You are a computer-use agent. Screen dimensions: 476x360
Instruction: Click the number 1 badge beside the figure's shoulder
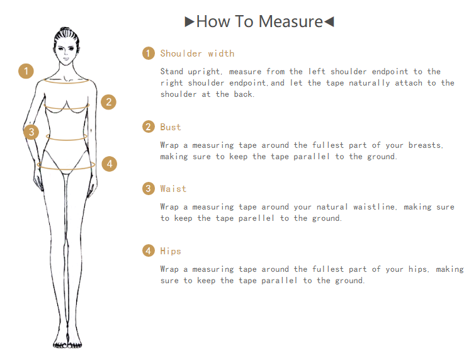26,71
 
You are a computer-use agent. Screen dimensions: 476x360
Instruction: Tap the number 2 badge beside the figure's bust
108,102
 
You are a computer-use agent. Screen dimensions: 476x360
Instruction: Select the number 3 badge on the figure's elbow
31,132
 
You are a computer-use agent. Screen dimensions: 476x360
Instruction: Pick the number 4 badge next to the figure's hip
110,164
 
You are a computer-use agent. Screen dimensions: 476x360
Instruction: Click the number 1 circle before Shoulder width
149,53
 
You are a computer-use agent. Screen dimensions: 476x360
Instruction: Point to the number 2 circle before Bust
149,127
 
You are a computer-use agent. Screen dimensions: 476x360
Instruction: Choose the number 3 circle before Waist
149,189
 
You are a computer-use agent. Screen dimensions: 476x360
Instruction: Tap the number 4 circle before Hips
149,250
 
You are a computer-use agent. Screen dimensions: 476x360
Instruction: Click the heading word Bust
171,127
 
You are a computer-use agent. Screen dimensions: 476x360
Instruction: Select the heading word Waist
173,189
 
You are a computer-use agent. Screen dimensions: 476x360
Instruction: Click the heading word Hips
171,251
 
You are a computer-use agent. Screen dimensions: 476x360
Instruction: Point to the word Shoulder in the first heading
181,53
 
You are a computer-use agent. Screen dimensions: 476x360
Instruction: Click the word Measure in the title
290,21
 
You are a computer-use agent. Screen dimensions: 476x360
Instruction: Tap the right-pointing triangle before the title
190,22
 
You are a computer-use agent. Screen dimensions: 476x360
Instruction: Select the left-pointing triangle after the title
329,22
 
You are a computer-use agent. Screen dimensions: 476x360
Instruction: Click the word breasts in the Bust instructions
426,145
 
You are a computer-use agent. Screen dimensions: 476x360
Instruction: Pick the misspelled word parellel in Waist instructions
256,218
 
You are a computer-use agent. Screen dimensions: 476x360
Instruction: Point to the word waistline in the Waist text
375,206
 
